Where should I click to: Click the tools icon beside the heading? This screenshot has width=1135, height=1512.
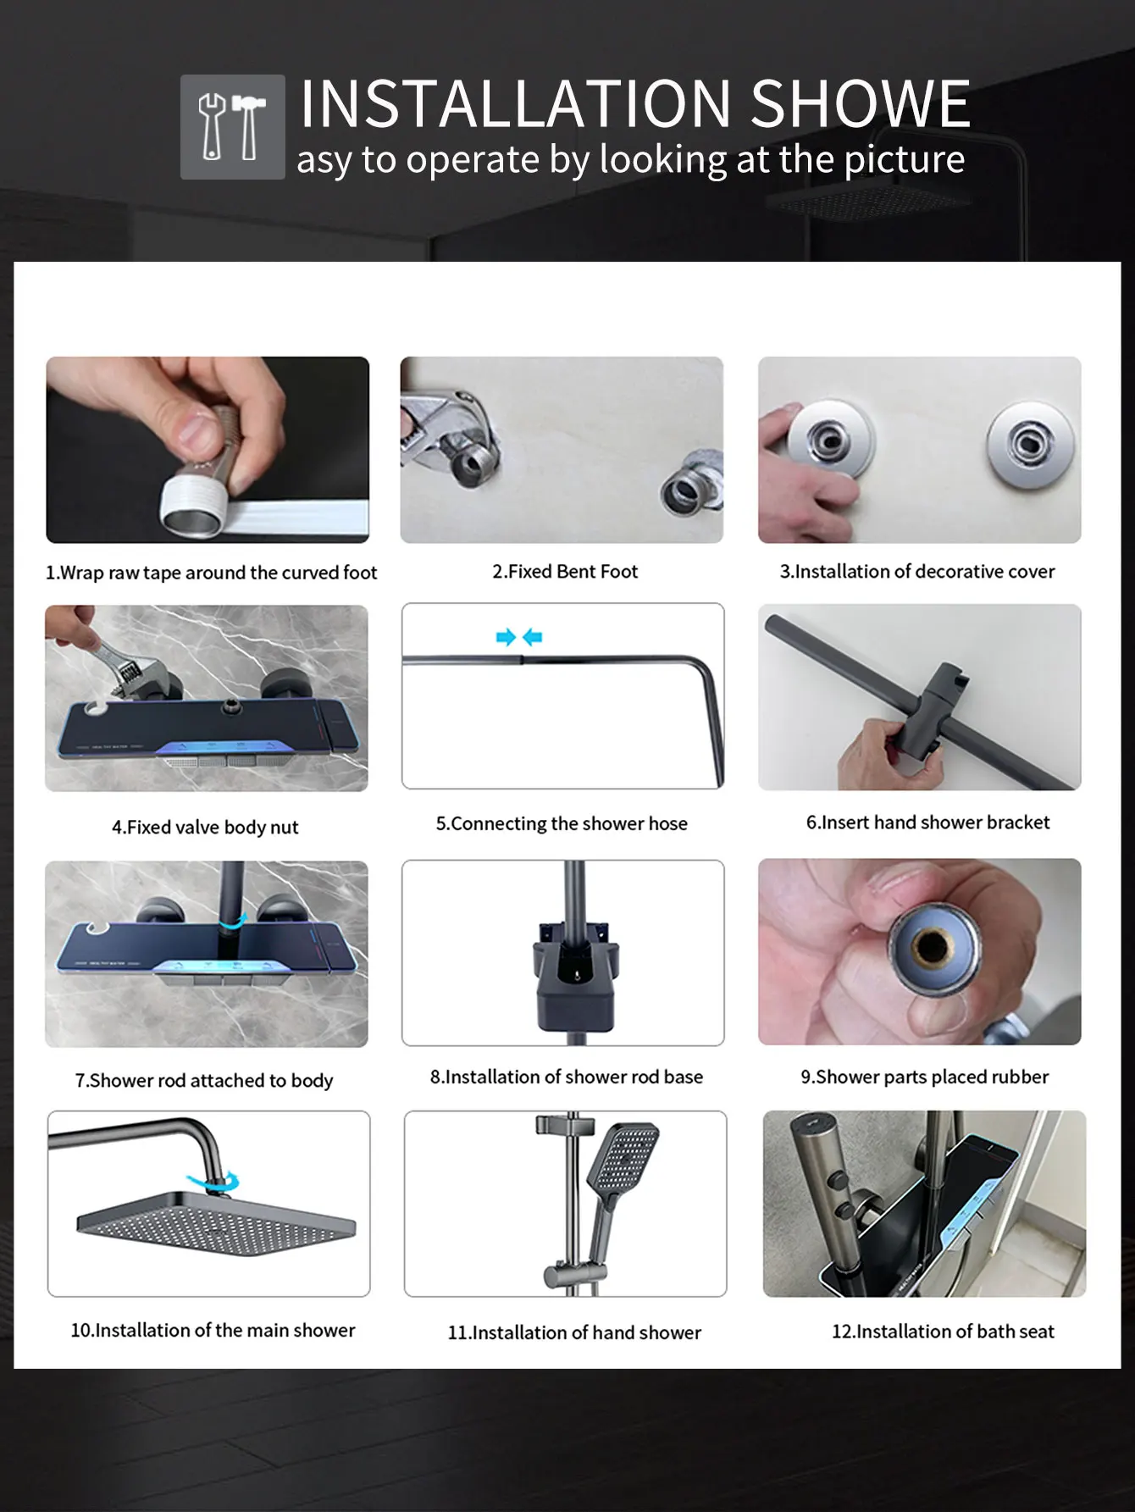tap(232, 126)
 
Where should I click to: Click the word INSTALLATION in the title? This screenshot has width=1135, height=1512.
tap(516, 103)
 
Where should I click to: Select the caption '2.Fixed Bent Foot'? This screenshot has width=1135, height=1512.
tap(565, 572)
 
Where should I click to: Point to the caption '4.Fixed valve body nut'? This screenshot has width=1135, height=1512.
tap(205, 828)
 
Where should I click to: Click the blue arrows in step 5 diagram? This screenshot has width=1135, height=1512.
tap(519, 637)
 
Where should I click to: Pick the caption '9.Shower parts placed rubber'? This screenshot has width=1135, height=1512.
tap(924, 1077)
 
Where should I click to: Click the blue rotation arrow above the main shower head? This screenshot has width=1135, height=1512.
tap(214, 1179)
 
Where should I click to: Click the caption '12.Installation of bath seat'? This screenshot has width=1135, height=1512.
tap(943, 1332)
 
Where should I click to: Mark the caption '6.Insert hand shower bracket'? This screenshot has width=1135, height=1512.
tap(927, 822)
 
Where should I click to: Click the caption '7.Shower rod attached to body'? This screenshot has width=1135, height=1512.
tap(204, 1081)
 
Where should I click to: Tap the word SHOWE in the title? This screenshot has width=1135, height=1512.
tap(860, 103)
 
